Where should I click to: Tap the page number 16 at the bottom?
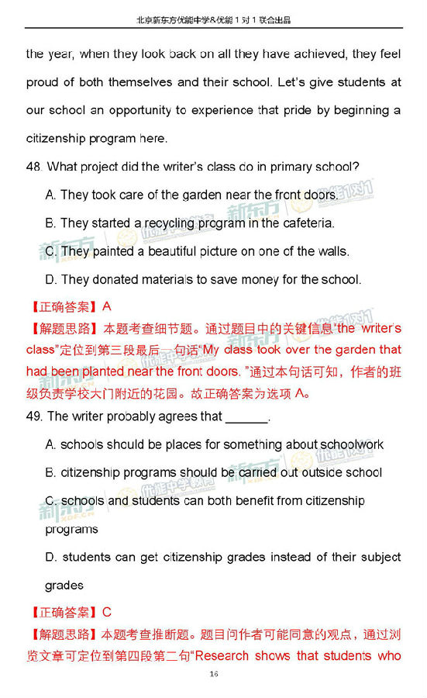[x=213, y=674]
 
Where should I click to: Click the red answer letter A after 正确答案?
[x=107, y=307]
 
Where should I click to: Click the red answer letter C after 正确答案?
[x=107, y=612]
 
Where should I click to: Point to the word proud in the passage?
[x=43, y=82]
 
